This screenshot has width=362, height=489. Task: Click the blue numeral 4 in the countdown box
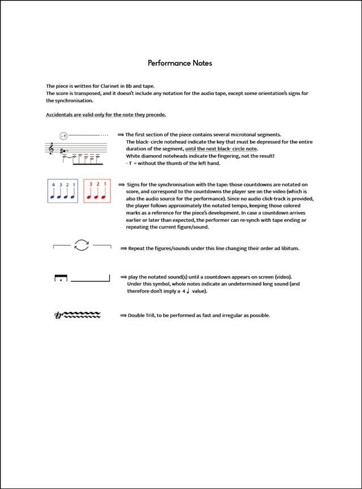coord(53,185)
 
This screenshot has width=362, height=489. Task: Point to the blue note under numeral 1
coord(73,194)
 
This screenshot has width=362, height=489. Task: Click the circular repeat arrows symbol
coord(82,246)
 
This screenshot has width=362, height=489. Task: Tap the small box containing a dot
coord(61,278)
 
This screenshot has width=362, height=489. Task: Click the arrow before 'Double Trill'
coord(123,315)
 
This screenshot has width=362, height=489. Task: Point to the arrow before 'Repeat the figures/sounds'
coord(123,248)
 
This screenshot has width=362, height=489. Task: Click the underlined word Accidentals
coord(59,115)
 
